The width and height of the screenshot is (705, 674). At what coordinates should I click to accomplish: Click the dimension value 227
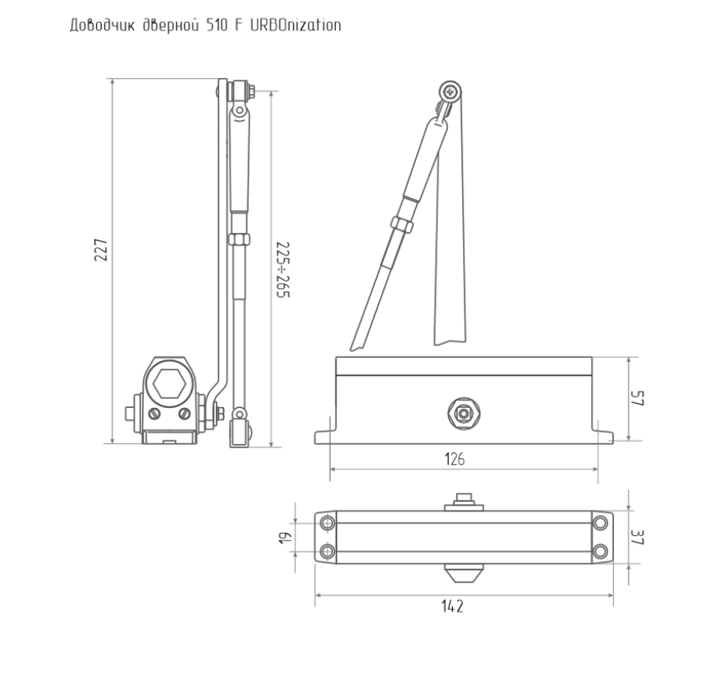pos(101,250)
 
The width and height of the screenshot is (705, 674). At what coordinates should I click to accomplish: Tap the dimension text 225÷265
pos(283,270)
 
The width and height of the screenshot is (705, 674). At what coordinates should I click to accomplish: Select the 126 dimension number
pos(455,459)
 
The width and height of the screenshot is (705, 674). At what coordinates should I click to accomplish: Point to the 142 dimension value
pos(452,607)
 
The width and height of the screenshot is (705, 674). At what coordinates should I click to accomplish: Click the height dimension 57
pos(638,398)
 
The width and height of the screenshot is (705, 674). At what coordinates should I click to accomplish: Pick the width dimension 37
pos(638,537)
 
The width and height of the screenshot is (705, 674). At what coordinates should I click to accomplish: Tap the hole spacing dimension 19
pos(285,538)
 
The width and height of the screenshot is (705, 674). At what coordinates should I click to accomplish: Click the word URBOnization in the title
pos(295,25)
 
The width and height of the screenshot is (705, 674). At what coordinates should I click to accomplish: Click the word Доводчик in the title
pos(102,25)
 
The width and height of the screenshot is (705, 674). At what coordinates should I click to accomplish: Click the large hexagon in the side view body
pos(169,384)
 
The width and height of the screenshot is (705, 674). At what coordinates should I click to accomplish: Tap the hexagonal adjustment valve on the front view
pos(464,413)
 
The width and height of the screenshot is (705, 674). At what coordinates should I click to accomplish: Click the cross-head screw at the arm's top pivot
pos(450,93)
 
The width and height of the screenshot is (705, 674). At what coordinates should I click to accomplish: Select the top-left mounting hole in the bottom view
pos(327,524)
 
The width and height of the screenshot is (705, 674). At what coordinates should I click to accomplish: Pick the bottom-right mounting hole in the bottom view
pos(600,552)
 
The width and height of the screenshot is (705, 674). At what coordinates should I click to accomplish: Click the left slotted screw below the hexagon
pos(154,414)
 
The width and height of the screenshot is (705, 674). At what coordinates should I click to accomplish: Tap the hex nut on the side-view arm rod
pos(239,239)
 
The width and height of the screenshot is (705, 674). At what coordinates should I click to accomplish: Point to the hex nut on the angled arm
pos(401,224)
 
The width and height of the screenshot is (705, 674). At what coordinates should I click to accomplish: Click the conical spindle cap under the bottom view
pos(464,573)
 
